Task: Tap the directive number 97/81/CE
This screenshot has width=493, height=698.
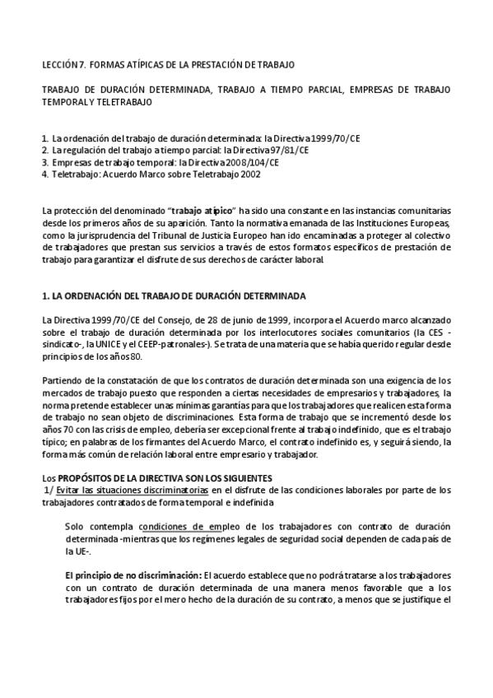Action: (x=287, y=151)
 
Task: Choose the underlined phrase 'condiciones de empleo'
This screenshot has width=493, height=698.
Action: (x=186, y=527)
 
